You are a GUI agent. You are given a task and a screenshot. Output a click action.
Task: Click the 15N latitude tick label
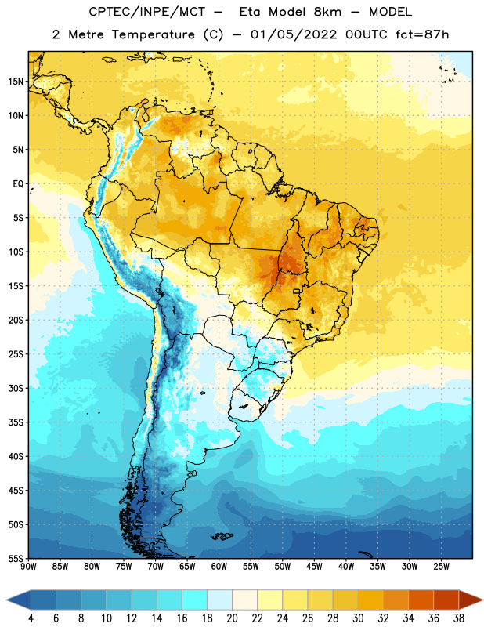(x=16, y=82)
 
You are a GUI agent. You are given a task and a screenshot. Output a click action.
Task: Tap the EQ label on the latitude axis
(x=18, y=184)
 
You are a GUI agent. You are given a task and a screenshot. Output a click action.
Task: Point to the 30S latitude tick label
(x=16, y=388)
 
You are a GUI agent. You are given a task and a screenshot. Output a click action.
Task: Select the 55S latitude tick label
(x=16, y=559)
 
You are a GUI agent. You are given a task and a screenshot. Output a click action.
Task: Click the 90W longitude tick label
(x=29, y=567)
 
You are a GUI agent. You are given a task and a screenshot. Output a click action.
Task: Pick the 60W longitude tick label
(x=219, y=567)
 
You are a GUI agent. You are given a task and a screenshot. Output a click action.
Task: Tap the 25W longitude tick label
(x=441, y=567)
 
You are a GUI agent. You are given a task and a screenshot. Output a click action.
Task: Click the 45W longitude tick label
(x=314, y=567)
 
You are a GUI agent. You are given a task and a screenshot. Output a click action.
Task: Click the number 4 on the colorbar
(x=31, y=618)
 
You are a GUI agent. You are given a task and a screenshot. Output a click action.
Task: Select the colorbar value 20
(x=232, y=618)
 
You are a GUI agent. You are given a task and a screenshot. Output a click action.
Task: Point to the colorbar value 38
(x=459, y=618)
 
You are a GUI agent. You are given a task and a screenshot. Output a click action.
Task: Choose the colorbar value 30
(x=358, y=618)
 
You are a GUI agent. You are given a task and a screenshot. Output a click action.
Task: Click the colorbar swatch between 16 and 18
(x=194, y=600)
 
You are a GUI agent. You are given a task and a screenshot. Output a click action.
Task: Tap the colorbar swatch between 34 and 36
(x=421, y=600)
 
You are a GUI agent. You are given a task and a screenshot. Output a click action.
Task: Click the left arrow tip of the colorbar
(x=6, y=600)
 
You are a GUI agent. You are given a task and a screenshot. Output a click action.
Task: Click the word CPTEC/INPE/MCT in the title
(x=147, y=12)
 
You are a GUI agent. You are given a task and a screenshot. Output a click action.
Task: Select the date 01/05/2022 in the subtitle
(x=294, y=34)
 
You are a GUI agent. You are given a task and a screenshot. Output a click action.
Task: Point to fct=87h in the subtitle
(x=422, y=34)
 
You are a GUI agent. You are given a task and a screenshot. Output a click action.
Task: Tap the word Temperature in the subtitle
(x=153, y=34)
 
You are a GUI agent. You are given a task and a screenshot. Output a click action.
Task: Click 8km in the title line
(x=327, y=12)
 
